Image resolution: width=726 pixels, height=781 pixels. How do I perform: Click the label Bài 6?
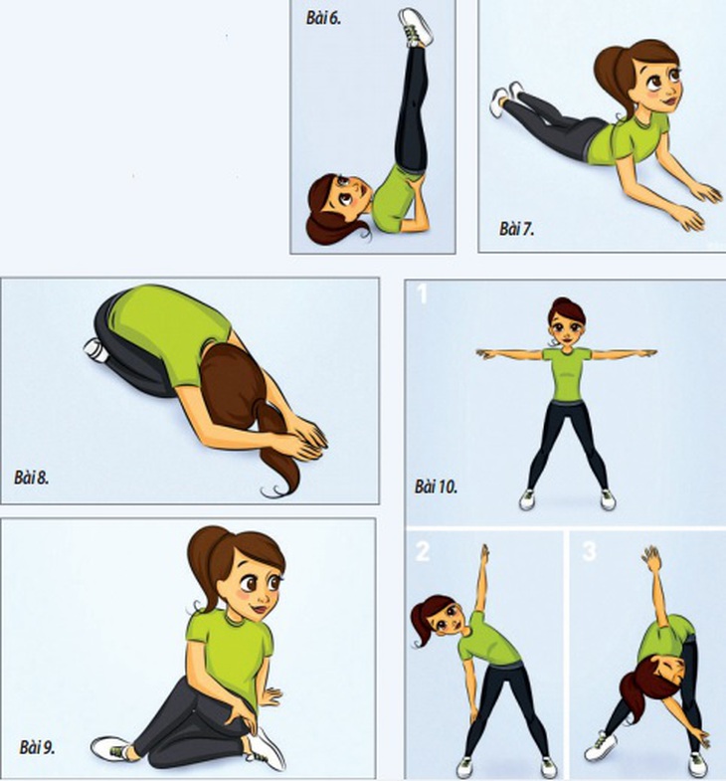(323, 19)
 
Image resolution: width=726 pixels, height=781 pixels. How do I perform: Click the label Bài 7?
(516, 229)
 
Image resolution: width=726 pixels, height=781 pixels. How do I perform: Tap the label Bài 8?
(32, 478)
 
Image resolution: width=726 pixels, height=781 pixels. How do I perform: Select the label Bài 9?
(37, 747)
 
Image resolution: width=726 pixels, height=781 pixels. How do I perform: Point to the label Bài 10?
(436, 487)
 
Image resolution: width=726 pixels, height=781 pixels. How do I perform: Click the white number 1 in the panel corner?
(422, 293)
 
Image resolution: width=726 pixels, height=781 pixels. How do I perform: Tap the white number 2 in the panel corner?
(423, 551)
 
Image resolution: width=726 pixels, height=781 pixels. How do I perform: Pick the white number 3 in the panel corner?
(589, 551)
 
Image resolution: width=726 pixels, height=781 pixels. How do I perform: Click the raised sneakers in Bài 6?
(416, 28)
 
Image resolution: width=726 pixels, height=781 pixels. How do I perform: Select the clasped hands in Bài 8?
(303, 441)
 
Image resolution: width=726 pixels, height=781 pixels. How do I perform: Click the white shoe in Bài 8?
(96, 349)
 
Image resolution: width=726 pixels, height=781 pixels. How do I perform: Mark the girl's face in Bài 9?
(258, 589)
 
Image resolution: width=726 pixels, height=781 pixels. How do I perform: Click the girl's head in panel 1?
(567, 321)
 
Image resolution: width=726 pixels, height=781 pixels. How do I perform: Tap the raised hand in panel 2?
(484, 554)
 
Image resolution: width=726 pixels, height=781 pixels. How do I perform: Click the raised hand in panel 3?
(652, 559)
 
